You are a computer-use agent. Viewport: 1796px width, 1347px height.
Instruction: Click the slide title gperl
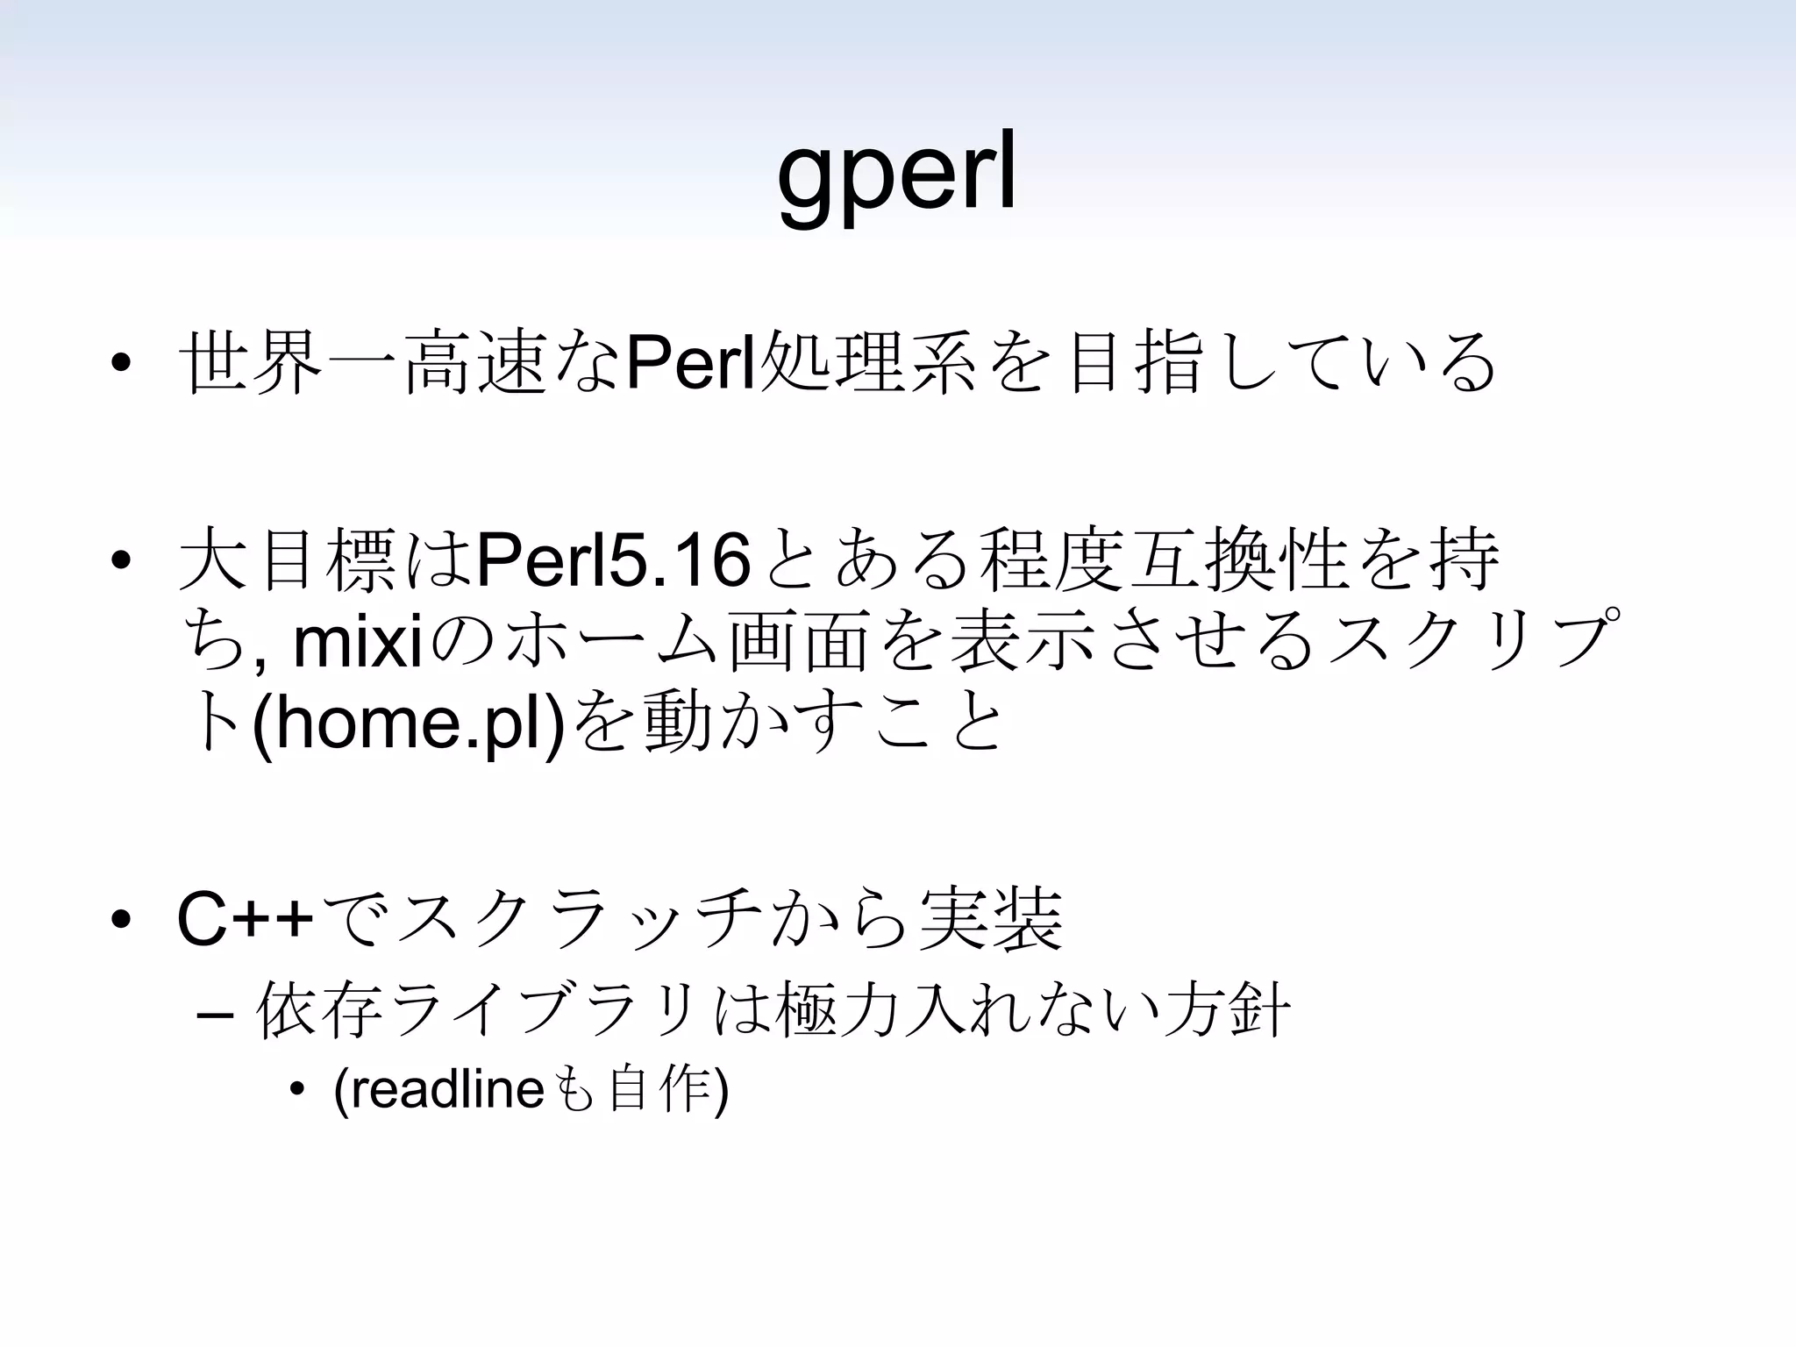[x=896, y=175]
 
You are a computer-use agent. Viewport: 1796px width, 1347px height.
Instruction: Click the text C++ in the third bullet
[x=245, y=920]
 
